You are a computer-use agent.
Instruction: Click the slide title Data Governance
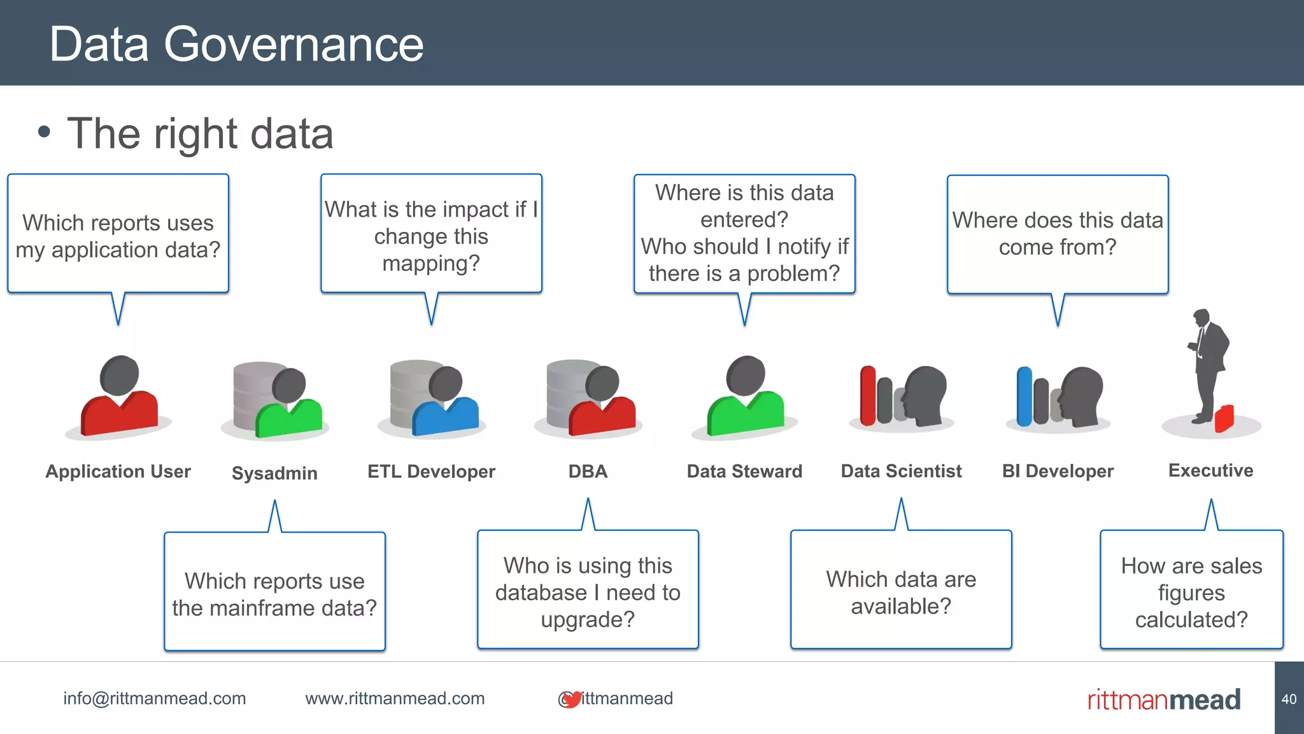coord(236,45)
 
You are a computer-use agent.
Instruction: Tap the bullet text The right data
coord(200,134)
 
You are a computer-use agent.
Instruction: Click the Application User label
coord(118,471)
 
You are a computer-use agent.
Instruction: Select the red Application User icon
coord(120,398)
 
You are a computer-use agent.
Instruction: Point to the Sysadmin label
coord(274,473)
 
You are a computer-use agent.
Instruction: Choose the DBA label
coord(588,471)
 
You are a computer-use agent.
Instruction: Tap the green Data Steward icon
coord(746,398)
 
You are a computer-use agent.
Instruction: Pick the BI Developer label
coord(1058,471)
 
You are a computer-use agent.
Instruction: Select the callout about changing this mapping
coord(431,236)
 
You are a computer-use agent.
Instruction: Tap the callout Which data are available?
coord(901,593)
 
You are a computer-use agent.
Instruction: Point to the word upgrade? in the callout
coord(588,619)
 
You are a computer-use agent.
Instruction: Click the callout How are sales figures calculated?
coord(1191,593)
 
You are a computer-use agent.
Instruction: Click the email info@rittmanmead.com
coord(154,698)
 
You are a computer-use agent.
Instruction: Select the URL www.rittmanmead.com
coord(395,698)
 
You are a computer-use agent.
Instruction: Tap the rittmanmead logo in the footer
coord(1164,700)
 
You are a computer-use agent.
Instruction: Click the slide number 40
coord(1289,699)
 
